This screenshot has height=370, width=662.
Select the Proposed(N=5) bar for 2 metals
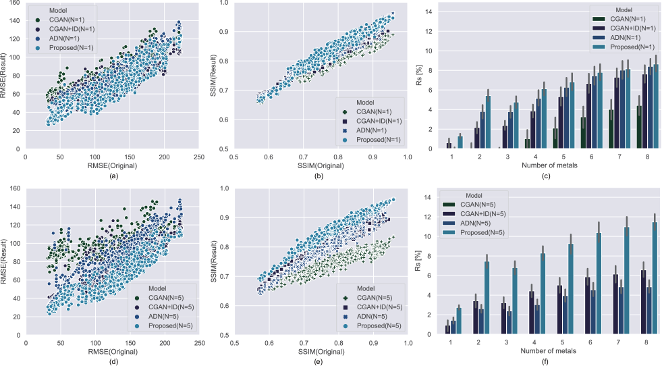pos(487,298)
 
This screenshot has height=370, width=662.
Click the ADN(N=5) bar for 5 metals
pos(565,315)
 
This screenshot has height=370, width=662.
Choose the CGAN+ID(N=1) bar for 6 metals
pos(588,116)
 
